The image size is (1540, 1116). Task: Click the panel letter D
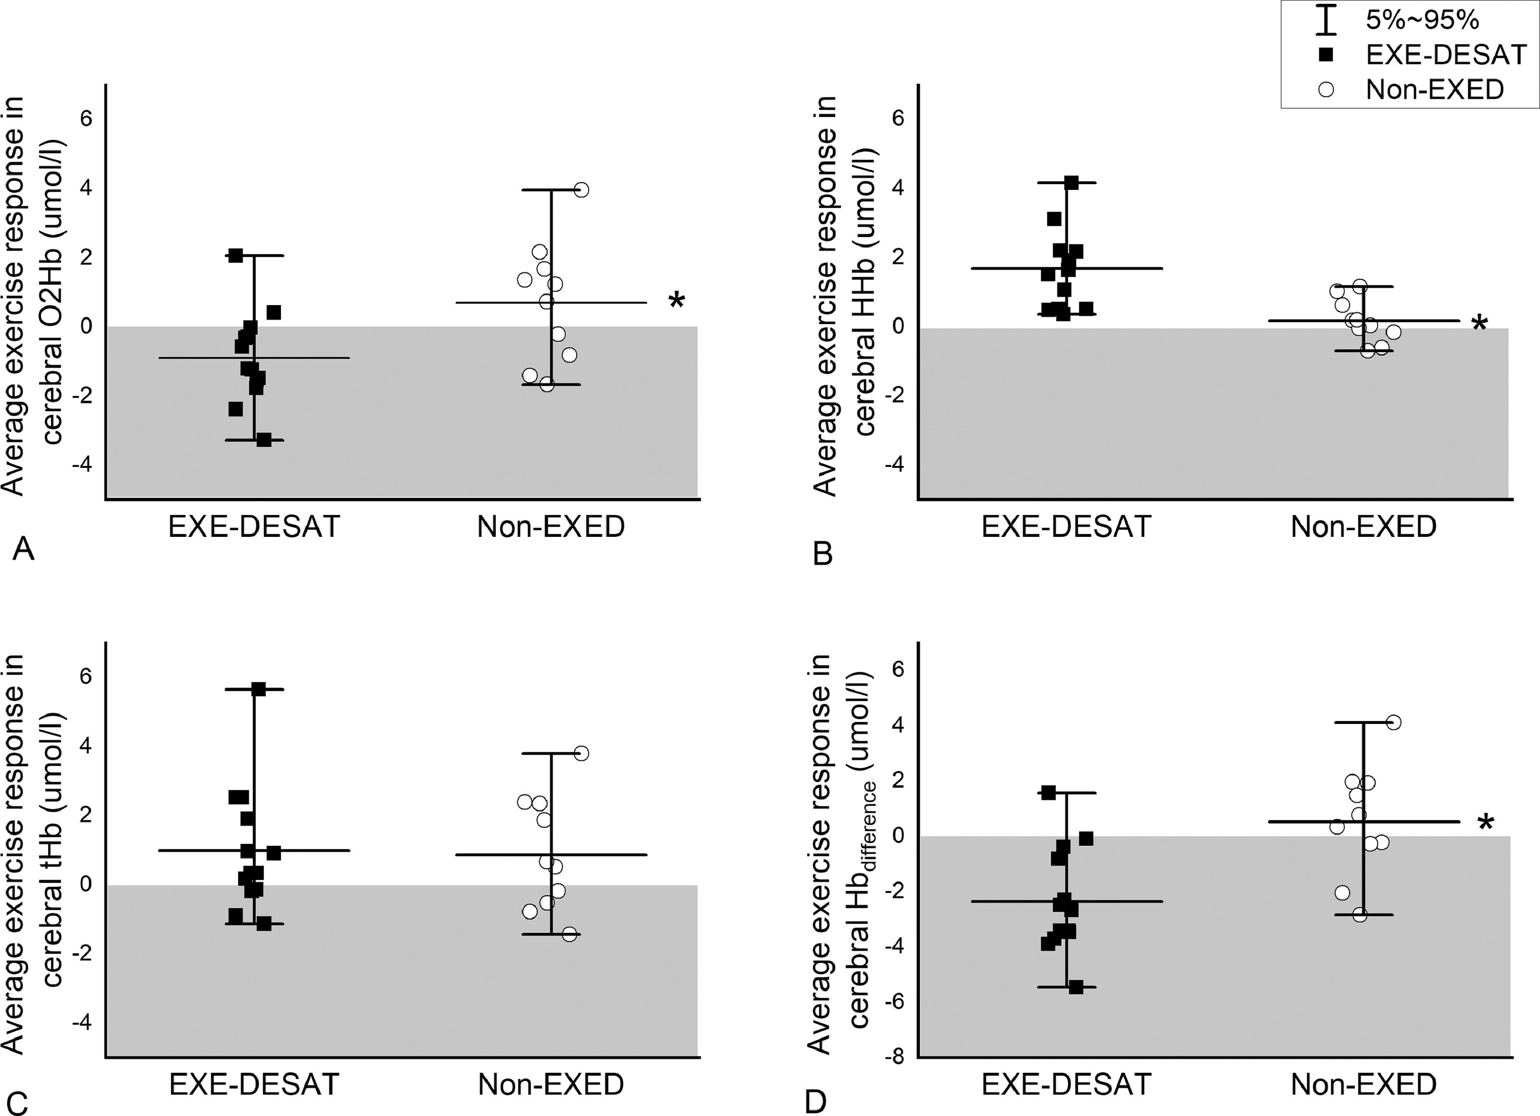click(816, 1103)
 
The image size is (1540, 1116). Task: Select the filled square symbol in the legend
click(1325, 56)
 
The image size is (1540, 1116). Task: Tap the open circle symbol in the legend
click(1325, 90)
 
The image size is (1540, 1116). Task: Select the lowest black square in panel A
click(264, 440)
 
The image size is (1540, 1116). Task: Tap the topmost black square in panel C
click(259, 689)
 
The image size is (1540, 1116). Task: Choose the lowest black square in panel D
click(1076, 987)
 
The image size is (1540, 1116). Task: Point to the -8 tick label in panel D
click(894, 1058)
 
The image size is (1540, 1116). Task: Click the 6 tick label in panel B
click(898, 119)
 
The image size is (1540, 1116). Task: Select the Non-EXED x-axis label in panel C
click(551, 1085)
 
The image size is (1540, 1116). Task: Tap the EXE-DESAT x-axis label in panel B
click(1066, 527)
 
